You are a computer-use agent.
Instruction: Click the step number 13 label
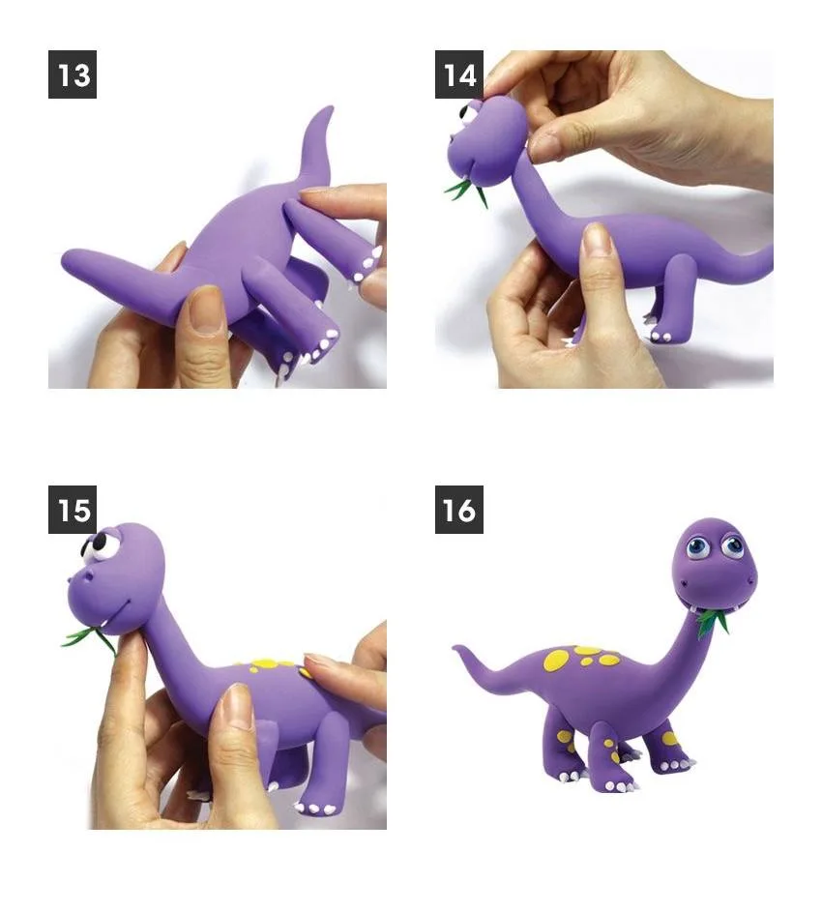[73, 74]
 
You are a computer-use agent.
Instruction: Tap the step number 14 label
[459, 74]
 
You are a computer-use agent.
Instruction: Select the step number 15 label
[73, 510]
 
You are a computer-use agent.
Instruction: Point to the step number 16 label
[459, 510]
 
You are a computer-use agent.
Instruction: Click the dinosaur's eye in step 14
[465, 111]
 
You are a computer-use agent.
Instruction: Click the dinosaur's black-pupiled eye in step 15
[98, 545]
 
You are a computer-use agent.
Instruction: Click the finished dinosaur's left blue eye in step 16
[697, 547]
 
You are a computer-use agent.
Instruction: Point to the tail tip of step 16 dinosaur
[456, 647]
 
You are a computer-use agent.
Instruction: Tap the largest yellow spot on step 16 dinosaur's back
[556, 659]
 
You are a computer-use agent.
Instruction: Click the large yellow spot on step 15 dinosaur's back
[265, 663]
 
